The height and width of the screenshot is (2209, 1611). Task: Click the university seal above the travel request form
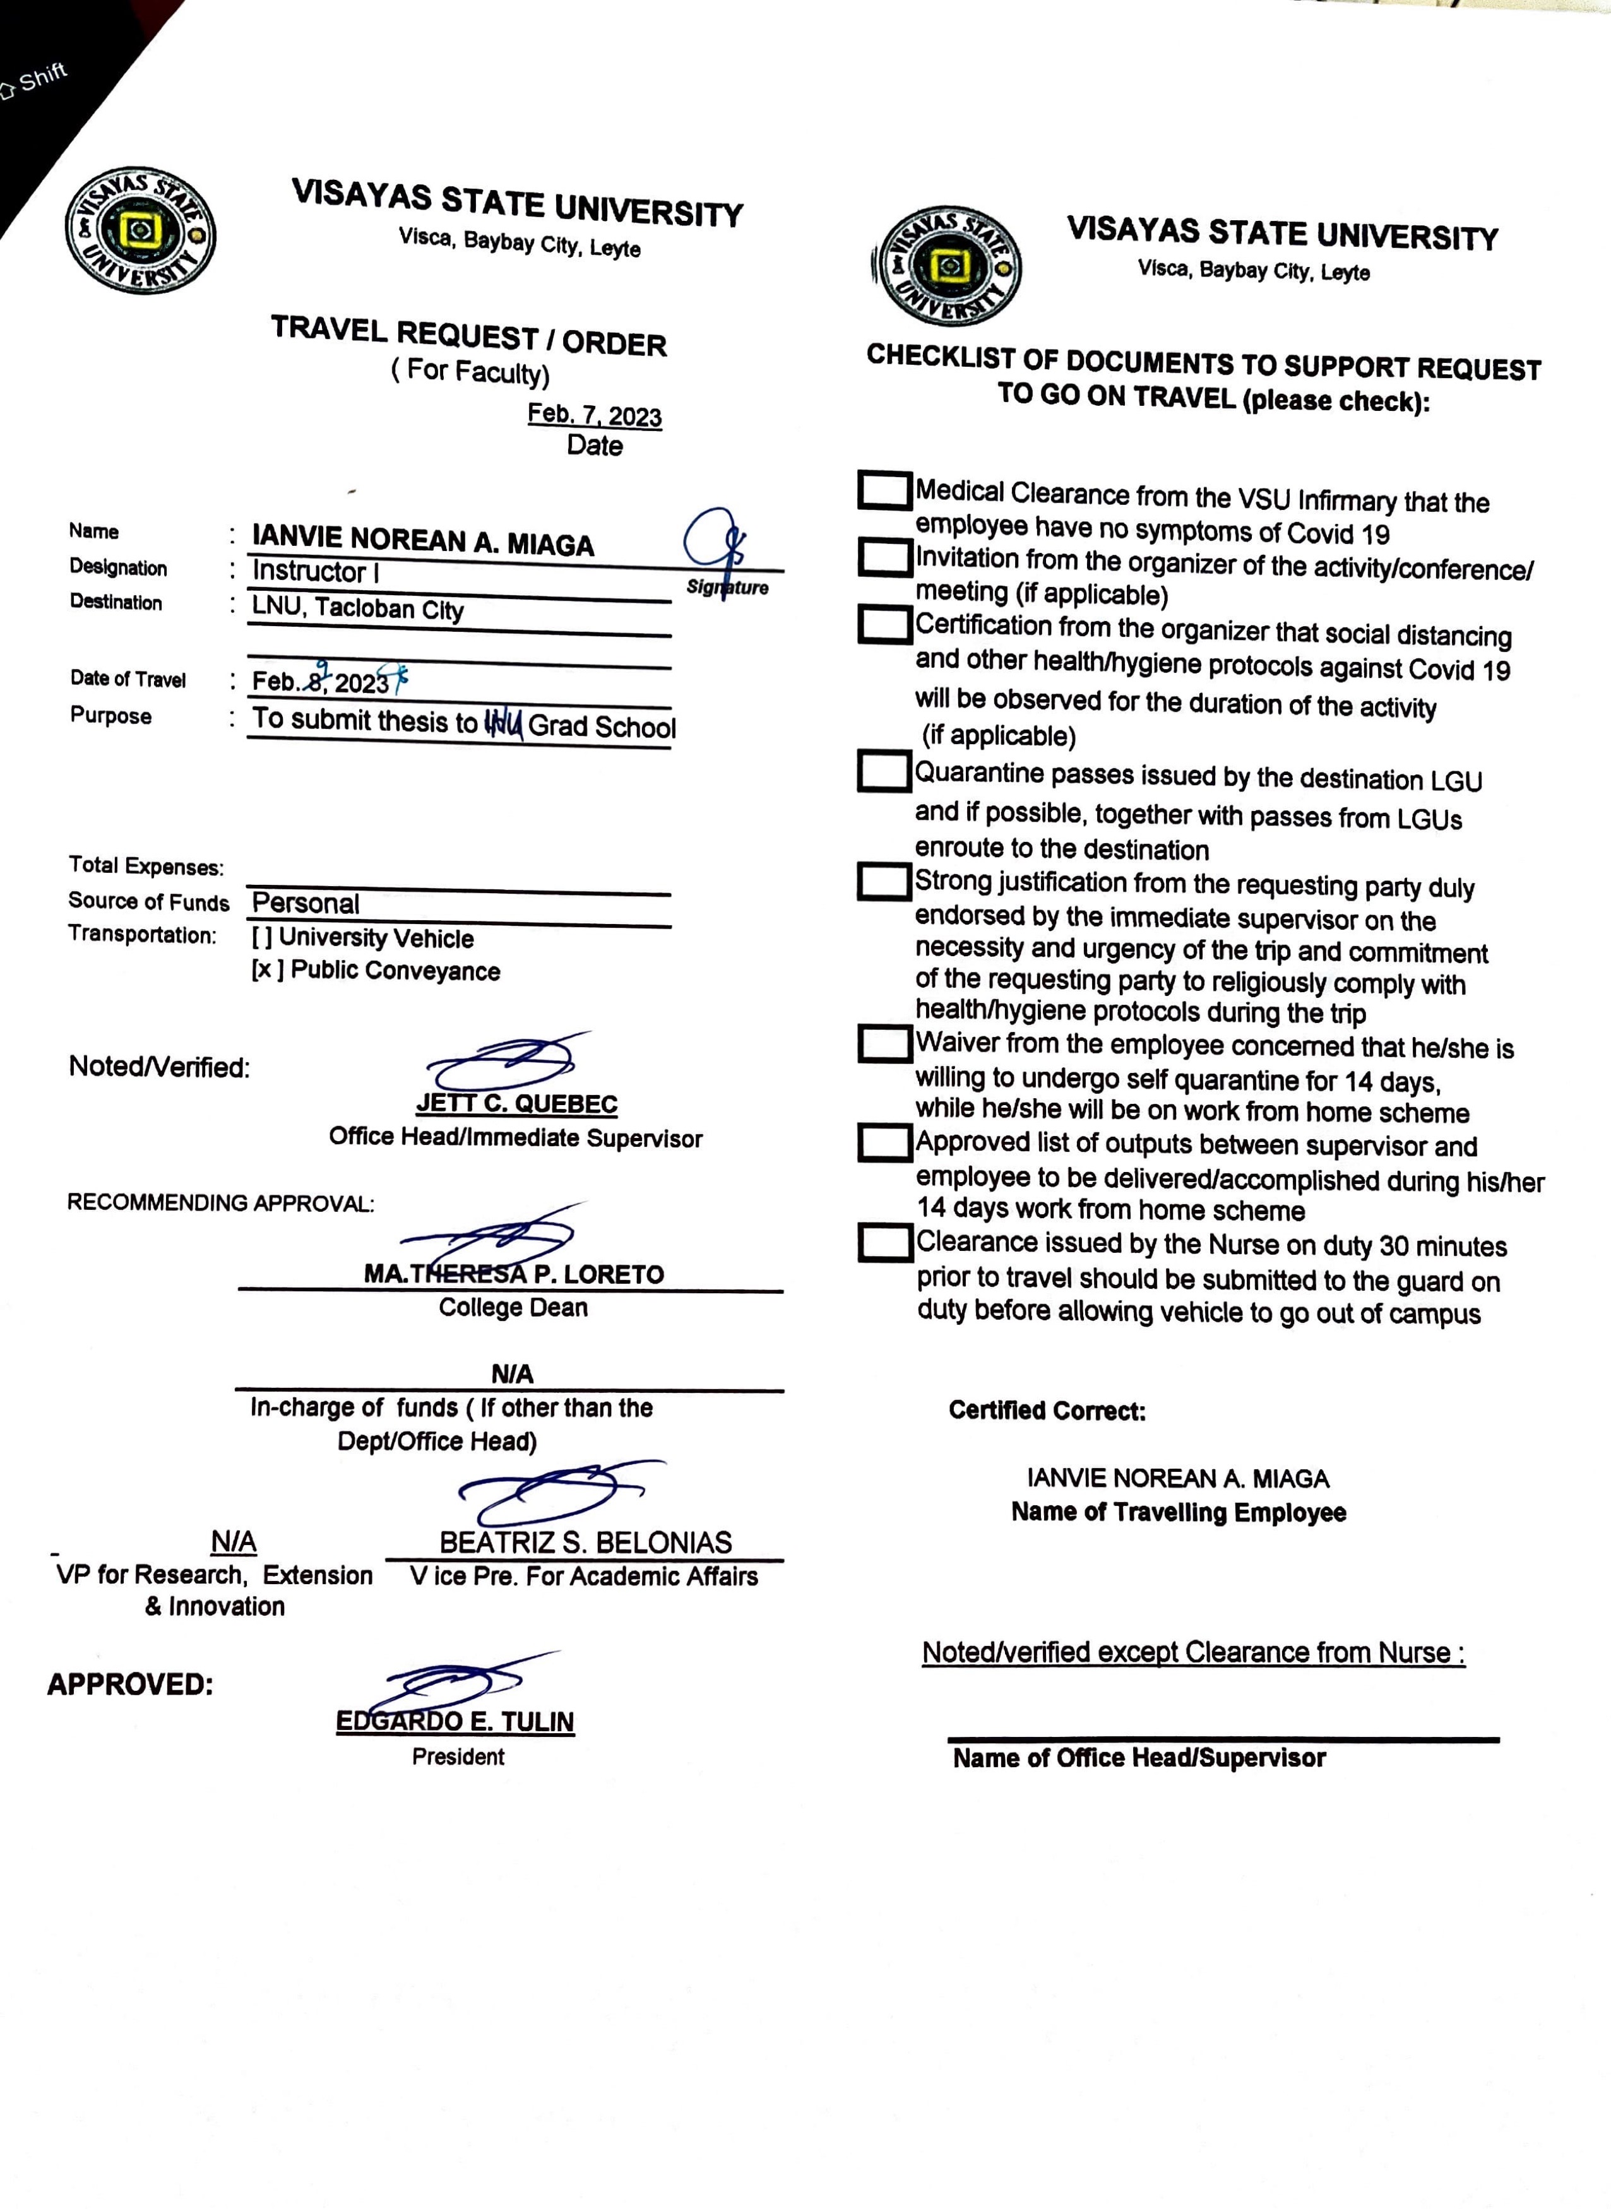click(140, 231)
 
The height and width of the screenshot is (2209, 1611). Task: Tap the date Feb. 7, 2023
click(594, 415)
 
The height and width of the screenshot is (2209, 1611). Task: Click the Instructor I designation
click(315, 571)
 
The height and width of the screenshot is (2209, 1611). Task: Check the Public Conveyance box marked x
click(265, 970)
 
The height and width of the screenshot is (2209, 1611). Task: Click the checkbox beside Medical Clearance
click(884, 490)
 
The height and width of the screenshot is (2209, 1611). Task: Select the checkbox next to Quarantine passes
click(884, 771)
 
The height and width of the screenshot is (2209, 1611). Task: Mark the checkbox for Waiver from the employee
click(884, 1044)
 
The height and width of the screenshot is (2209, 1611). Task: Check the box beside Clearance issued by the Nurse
click(884, 1243)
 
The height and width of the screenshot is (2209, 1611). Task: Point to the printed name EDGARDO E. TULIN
click(455, 1722)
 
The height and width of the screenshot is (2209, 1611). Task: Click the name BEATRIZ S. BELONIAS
click(585, 1543)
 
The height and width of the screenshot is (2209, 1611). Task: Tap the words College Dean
click(513, 1307)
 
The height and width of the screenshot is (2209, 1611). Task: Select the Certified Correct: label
click(1047, 1411)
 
